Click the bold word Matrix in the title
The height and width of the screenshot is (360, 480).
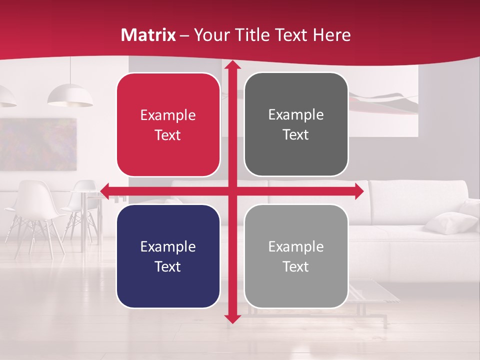(148, 35)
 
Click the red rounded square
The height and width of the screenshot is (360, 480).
(168, 125)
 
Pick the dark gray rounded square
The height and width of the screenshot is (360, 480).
(296, 125)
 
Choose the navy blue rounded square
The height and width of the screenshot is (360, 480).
(168, 256)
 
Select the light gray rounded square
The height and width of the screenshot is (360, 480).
(296, 256)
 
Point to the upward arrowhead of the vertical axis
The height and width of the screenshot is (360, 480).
(232, 65)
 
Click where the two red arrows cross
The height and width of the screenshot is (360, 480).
(232, 190)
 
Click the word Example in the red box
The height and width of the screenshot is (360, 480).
(168, 115)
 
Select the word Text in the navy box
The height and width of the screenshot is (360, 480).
(168, 266)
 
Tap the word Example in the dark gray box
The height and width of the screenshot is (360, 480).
(296, 115)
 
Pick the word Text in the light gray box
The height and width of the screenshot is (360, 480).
(296, 266)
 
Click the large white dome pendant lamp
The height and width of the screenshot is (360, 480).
(70, 95)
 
